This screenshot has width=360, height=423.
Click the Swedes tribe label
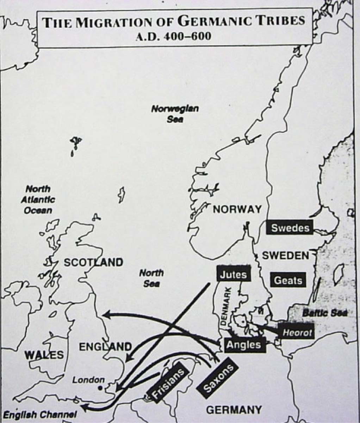[x=290, y=227]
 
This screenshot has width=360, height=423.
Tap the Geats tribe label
[x=288, y=281]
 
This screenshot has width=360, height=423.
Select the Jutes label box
[x=233, y=274]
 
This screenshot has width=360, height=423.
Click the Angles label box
[x=243, y=344]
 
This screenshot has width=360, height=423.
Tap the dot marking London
[x=100, y=387]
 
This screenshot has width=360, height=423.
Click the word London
[x=88, y=380]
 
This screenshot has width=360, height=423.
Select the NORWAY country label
[x=237, y=209]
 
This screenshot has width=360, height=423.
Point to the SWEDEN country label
[x=285, y=256]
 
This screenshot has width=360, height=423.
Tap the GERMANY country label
[x=234, y=410]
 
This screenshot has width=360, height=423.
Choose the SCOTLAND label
[x=93, y=262]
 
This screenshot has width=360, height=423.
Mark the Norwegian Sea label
[x=175, y=114]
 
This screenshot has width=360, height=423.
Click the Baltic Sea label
[x=325, y=312]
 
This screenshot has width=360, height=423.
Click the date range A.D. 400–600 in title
[x=174, y=36]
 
